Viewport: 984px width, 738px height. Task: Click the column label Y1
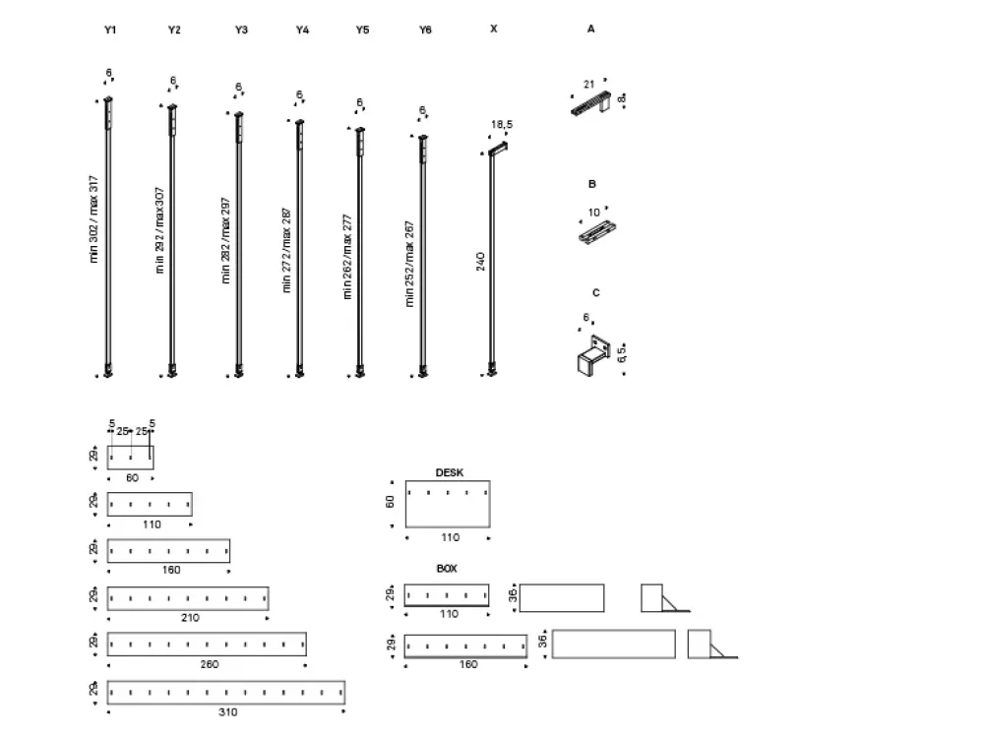(110, 31)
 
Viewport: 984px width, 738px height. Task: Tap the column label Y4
(302, 31)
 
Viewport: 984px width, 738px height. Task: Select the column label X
(493, 30)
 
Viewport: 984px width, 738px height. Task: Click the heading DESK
(449, 472)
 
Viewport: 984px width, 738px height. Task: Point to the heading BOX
(447, 569)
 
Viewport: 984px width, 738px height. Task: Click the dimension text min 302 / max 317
(94, 218)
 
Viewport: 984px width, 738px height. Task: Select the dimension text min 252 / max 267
(410, 264)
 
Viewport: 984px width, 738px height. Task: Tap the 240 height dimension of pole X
(480, 261)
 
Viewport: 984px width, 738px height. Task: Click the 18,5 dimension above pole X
(501, 125)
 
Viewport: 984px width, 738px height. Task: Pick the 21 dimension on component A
(588, 86)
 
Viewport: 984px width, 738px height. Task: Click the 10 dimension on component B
(593, 213)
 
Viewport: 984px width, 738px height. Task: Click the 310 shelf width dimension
(227, 711)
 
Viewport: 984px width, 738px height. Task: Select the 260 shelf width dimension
(209, 664)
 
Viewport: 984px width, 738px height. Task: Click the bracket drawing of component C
(592, 355)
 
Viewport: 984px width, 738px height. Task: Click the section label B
(592, 184)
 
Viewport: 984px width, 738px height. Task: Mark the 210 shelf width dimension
(189, 618)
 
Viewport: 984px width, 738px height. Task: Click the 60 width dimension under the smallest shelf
(132, 477)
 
